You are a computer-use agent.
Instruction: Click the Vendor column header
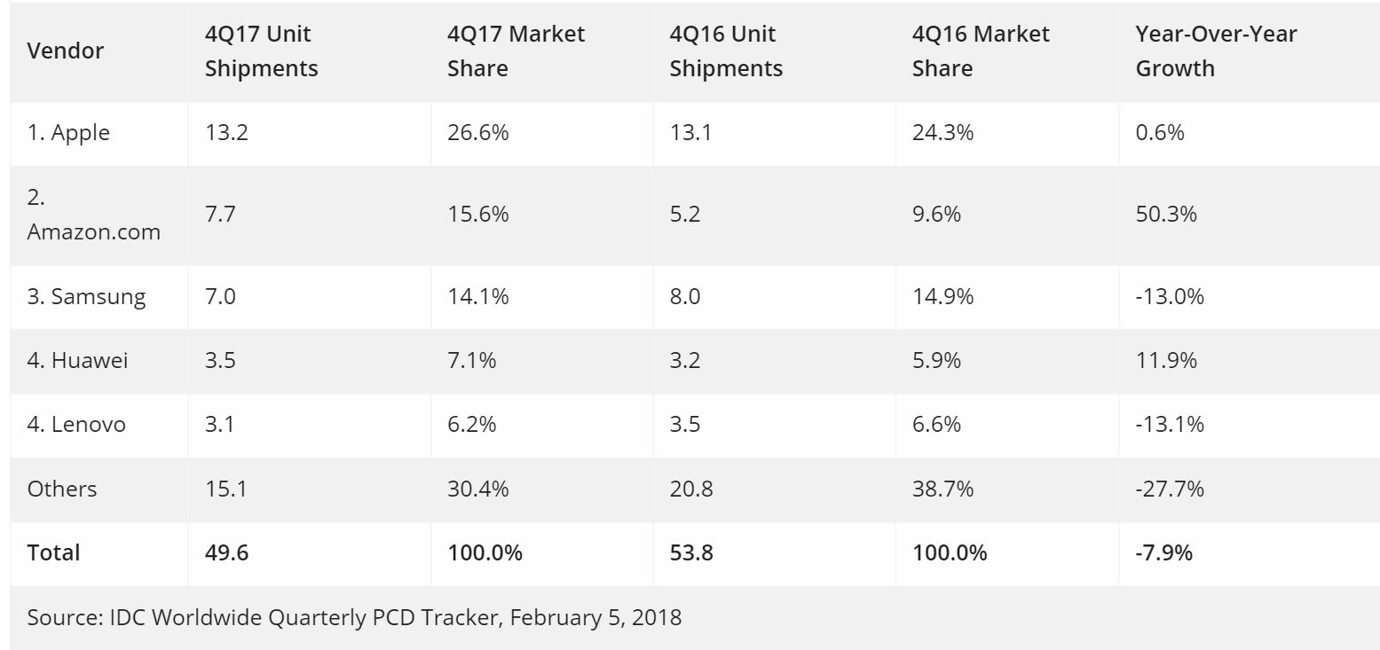(65, 51)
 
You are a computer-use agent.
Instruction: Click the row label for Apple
(68, 133)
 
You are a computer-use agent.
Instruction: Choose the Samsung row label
(86, 296)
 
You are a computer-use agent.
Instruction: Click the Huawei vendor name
(77, 361)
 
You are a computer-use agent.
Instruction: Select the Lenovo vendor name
(76, 425)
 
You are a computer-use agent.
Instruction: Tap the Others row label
(61, 489)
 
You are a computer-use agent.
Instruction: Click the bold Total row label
(53, 553)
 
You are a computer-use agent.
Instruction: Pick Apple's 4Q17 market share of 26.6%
(478, 133)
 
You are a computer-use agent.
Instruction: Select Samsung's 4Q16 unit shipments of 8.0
(685, 296)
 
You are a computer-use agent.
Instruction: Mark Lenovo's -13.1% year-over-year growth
(1170, 425)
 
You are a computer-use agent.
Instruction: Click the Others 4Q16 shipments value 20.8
(691, 489)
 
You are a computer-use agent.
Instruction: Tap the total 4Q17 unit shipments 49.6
(226, 553)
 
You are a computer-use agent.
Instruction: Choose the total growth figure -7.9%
(1164, 553)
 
